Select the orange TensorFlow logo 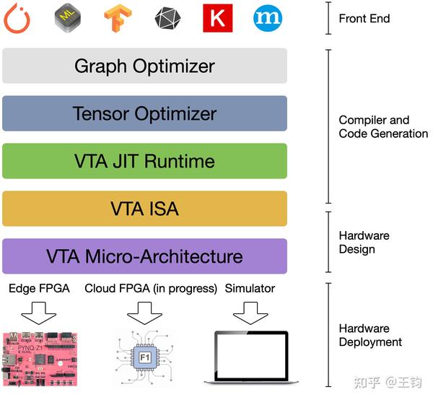(118, 18)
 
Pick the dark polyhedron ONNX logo (167, 18)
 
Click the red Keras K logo (218, 18)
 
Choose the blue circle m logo (268, 18)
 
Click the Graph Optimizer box (145, 66)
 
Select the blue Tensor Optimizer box (145, 113)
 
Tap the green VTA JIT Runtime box (145, 161)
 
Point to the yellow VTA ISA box (145, 209)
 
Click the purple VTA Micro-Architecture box (145, 256)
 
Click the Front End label (364, 19)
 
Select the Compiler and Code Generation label (383, 127)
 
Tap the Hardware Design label (364, 243)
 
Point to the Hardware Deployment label (370, 335)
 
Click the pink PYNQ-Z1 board (40, 359)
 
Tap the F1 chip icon (145, 357)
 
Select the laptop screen (251, 355)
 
